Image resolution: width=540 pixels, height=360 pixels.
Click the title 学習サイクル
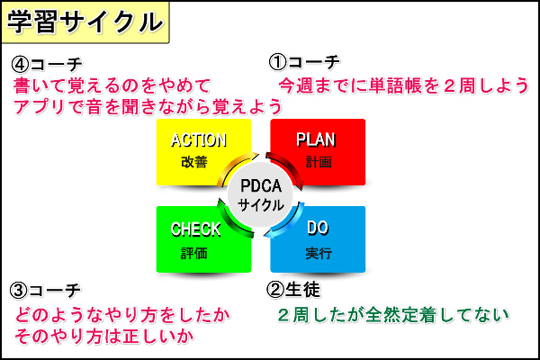coord(85,22)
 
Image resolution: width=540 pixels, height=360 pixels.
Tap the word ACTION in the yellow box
coord(199,139)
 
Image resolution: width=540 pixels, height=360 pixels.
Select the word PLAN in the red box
coord(316,139)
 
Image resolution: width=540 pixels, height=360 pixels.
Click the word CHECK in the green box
coord(195,229)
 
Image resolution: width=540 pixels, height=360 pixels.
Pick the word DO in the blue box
coord(318,228)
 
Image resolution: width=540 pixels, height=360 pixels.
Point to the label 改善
coord(194,162)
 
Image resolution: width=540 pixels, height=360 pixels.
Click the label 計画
coord(319,162)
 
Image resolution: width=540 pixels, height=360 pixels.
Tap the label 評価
coord(194,253)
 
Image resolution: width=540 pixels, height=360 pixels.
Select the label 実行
coord(319,253)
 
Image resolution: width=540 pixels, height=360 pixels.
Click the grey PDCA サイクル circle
coord(260,194)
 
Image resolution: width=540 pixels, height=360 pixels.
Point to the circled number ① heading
coord(277,62)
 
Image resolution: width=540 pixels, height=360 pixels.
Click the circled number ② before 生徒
coord(275,290)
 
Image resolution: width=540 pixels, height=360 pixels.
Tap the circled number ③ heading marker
coord(19,291)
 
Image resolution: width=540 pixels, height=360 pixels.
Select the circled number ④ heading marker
coord(20,64)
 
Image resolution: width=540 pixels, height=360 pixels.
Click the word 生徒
coord(302,290)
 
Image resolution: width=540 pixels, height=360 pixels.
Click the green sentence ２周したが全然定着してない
coord(393,315)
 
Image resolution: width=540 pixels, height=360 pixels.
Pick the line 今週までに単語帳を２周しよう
coord(403,85)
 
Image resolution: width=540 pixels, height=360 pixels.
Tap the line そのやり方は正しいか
coord(104,337)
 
